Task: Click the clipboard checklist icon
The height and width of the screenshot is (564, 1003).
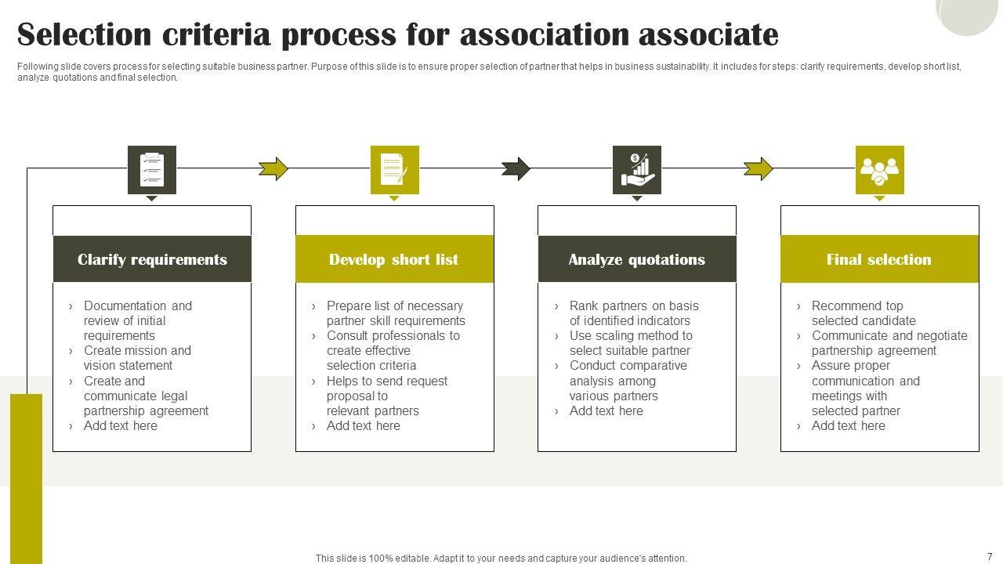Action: click(152, 169)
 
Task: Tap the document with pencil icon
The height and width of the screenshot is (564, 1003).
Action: click(394, 169)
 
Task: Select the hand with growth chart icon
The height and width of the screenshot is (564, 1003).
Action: click(636, 169)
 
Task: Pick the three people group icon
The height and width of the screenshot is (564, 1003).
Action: click(879, 169)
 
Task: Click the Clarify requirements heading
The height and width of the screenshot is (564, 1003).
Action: click(152, 259)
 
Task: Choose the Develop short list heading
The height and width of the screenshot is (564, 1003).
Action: click(393, 259)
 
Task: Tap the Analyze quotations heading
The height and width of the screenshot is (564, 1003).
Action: click(636, 259)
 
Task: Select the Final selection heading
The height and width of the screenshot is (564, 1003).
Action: click(878, 259)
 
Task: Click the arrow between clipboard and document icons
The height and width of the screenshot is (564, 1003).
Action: click(273, 168)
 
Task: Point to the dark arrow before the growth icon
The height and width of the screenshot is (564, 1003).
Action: click(516, 168)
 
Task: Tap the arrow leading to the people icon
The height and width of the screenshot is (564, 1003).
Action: click(758, 168)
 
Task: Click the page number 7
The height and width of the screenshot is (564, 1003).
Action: click(990, 556)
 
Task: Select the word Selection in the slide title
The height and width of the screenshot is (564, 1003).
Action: click(84, 35)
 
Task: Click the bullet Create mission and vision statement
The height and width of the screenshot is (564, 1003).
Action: click(137, 358)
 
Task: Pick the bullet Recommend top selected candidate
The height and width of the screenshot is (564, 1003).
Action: click(863, 313)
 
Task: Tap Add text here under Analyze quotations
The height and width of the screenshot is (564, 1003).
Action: click(606, 410)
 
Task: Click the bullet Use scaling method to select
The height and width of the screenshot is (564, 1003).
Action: click(630, 343)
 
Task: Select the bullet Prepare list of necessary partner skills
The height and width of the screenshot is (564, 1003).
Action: click(395, 313)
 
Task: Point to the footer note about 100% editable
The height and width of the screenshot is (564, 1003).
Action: click(501, 559)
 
